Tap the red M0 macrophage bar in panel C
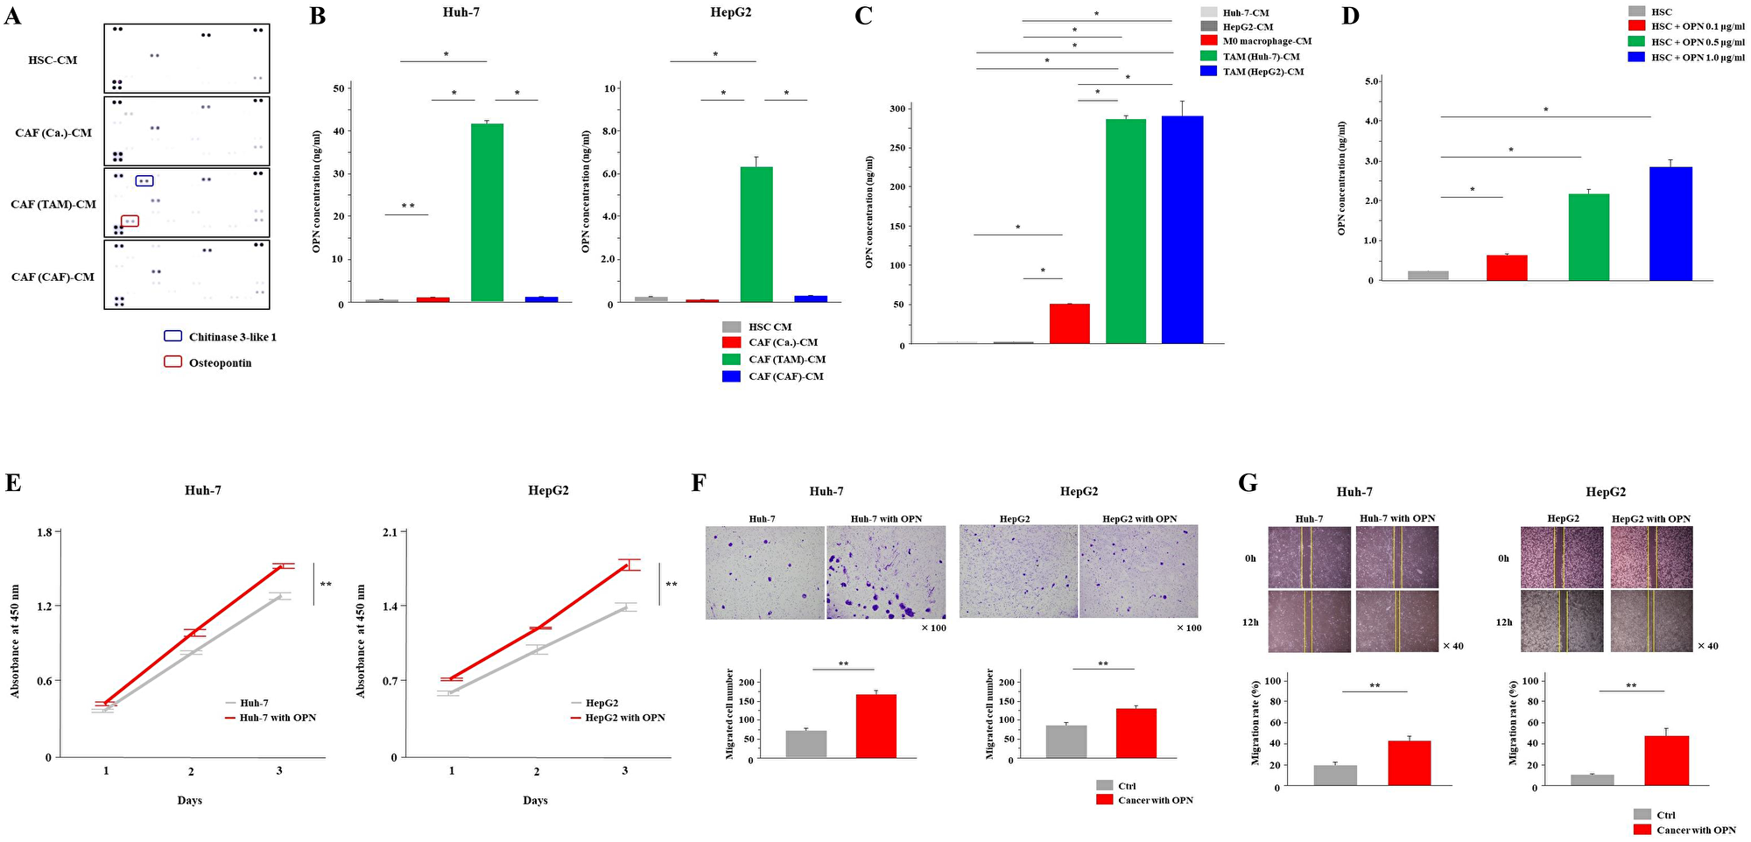[x=1069, y=323]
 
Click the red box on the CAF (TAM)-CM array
[x=130, y=221]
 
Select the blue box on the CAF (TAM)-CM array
[x=145, y=180]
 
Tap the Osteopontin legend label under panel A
[x=220, y=363]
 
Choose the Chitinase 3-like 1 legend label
[x=232, y=337]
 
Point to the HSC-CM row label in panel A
[x=53, y=60]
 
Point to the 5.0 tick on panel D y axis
[x=1372, y=81]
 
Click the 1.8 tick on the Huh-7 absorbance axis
[x=44, y=532]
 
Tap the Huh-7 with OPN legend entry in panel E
[x=278, y=718]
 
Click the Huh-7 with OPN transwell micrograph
[x=886, y=572]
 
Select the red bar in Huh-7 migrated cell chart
[x=875, y=726]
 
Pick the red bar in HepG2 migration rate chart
[x=1666, y=761]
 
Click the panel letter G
[x=1248, y=482]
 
